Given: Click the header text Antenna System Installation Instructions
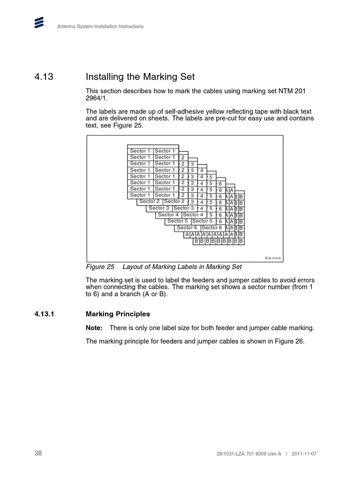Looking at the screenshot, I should click(x=100, y=27).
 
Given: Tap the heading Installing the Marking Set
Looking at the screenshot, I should click(x=140, y=76).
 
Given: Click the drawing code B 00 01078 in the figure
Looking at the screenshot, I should click(x=272, y=258).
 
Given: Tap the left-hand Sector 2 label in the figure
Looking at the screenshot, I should click(x=149, y=202).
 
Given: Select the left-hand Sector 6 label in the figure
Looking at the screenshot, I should click(x=187, y=228).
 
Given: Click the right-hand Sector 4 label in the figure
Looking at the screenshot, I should click(x=193, y=215).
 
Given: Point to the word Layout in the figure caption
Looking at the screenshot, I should click(x=133, y=267).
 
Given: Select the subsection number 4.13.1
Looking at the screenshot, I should click(x=45, y=314).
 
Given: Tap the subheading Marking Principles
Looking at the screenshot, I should click(x=118, y=314).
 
